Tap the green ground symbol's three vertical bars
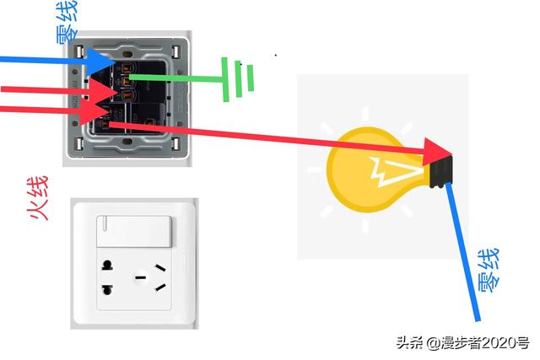pyautogui.click(x=238, y=79)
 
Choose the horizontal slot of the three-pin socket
pyautogui.click(x=142, y=275)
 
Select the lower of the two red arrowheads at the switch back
pyautogui.click(x=100, y=109)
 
